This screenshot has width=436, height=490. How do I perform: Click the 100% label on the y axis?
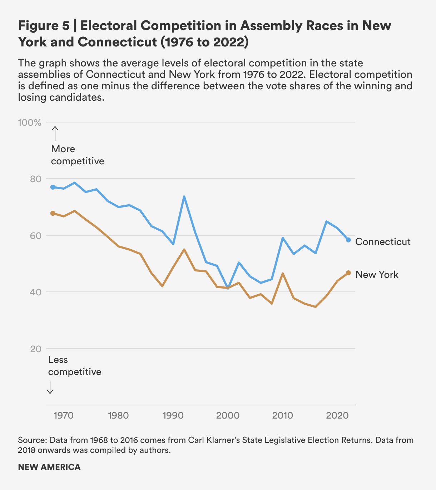click(x=30, y=122)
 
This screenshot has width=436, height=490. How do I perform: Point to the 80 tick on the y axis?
click(x=36, y=179)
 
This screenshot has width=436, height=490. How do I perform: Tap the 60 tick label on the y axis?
click(x=36, y=236)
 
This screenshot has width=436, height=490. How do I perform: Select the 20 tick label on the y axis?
click(x=36, y=349)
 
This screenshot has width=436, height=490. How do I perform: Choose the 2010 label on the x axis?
click(x=283, y=415)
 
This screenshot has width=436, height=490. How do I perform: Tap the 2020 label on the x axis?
click(x=338, y=415)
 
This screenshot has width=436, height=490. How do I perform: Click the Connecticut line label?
click(x=383, y=242)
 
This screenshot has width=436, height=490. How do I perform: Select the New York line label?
click(x=377, y=275)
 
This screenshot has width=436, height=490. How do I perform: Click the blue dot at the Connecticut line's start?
click(x=53, y=187)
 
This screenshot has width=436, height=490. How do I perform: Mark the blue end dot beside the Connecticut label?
click(x=348, y=240)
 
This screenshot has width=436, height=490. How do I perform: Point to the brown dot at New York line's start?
click(x=53, y=213)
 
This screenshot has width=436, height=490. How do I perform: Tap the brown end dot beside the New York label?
click(x=348, y=273)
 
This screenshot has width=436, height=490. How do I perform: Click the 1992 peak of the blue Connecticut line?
click(x=184, y=196)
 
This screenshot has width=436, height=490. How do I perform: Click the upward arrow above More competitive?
click(x=55, y=133)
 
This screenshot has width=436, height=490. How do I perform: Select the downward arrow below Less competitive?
click(x=50, y=387)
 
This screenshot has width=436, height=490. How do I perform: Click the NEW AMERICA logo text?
click(x=49, y=467)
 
